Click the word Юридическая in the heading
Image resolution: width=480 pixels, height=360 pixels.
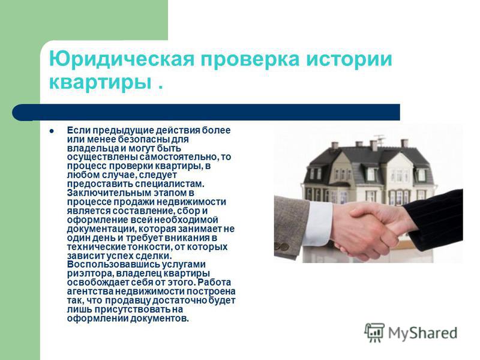point(122,58)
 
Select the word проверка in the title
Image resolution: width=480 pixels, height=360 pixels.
point(250,59)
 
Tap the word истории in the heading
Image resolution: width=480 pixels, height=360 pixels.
point(349,59)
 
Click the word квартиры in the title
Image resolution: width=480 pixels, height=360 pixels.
point(100,83)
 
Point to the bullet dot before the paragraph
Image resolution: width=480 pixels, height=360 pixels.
point(52,131)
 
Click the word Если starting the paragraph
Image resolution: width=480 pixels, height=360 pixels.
point(79,130)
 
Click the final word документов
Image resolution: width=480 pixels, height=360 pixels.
point(160,319)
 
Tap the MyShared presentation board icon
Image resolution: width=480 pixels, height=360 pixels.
point(374,333)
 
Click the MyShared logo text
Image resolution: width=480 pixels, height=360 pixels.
point(423,333)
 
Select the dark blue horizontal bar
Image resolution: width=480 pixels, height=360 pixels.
point(206,112)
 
